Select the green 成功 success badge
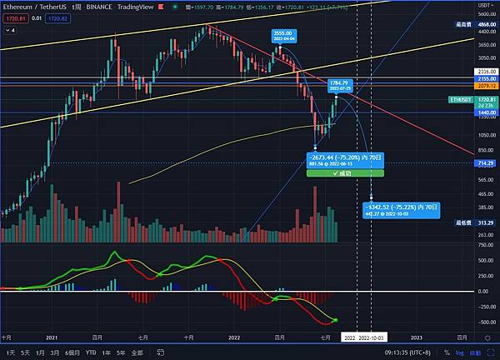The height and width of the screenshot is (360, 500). tap(345, 173)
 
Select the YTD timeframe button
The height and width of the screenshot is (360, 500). tap(90, 352)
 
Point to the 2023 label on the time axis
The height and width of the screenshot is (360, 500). tap(416, 338)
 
